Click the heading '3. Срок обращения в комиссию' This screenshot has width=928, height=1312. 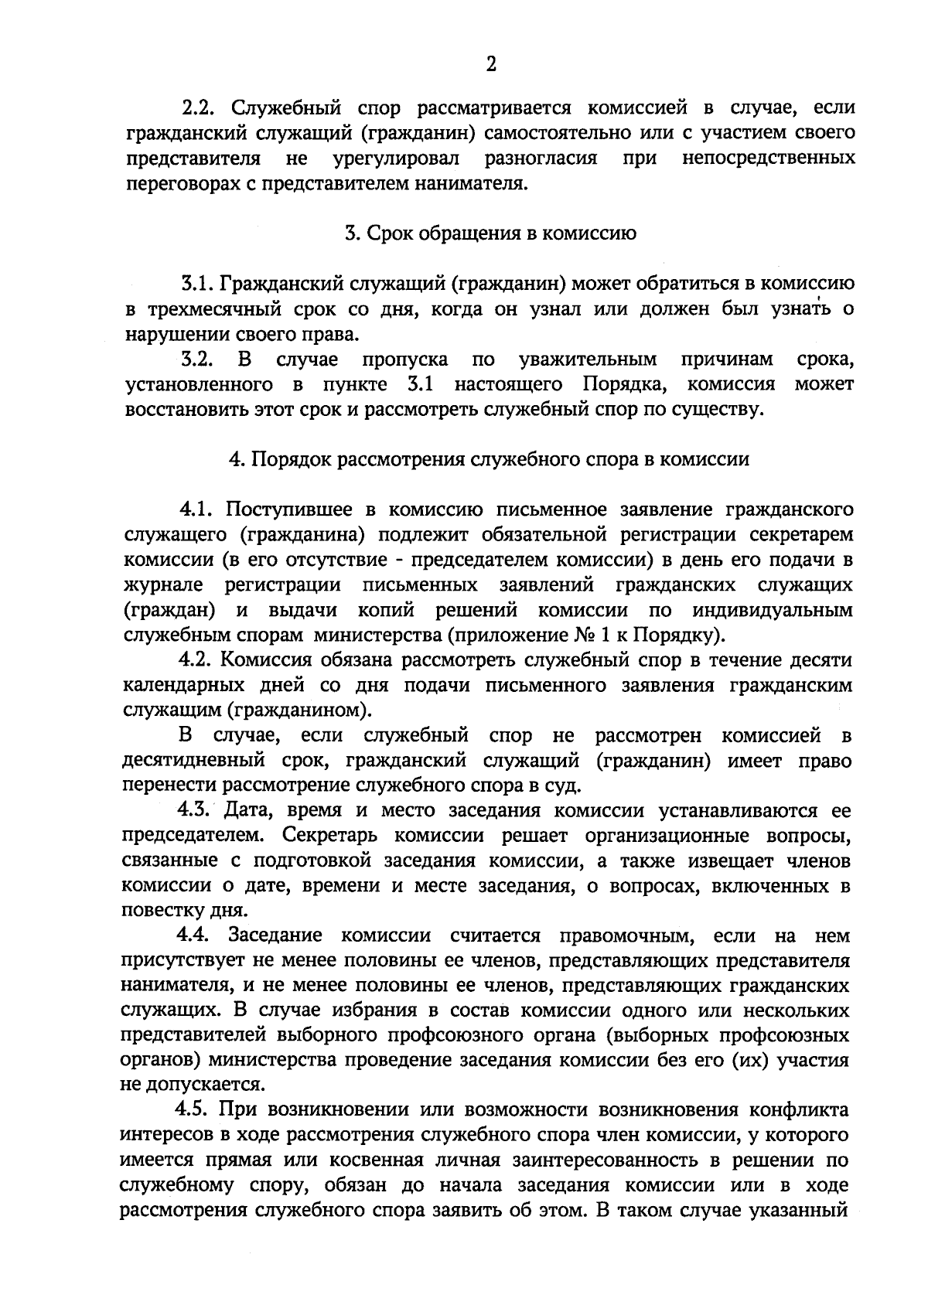coord(490,233)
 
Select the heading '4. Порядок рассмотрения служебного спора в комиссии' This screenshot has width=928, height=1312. coord(490,459)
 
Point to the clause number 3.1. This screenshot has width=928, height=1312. coord(197,284)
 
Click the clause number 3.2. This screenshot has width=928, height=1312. coord(197,360)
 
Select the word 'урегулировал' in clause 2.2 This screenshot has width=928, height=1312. coord(396,159)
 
